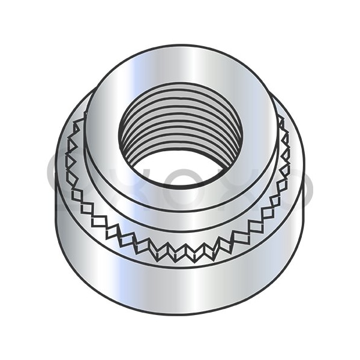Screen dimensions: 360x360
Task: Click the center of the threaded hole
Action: coord(181,135)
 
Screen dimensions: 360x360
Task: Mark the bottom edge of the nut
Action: coord(180,314)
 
